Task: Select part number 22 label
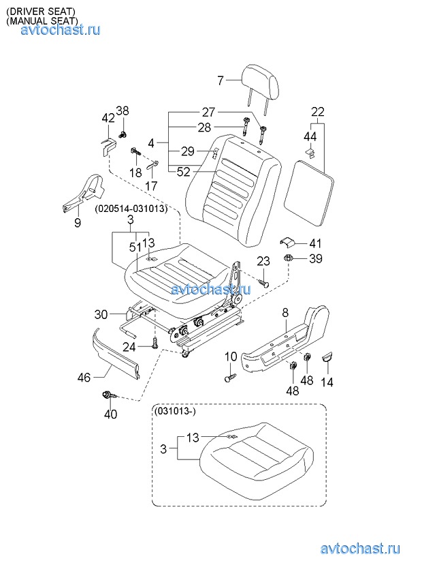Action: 318,112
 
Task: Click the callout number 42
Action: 108,118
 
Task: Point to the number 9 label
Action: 78,222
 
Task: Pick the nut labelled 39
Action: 289,258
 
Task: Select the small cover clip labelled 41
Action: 289,242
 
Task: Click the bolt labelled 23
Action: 265,279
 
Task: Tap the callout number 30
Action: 101,314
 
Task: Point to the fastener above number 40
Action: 109,395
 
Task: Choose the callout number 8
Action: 285,314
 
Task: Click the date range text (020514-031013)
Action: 131,208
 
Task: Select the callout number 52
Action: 183,172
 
